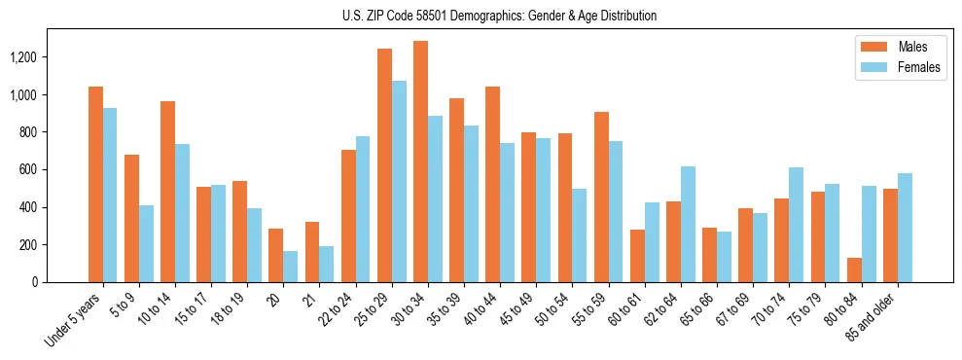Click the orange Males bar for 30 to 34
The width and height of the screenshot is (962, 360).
coord(420,162)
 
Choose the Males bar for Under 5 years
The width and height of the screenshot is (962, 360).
coord(95,184)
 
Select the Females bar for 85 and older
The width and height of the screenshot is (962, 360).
coord(905,228)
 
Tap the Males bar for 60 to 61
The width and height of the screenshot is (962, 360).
coord(637,256)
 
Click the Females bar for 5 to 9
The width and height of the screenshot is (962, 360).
coord(146,243)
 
